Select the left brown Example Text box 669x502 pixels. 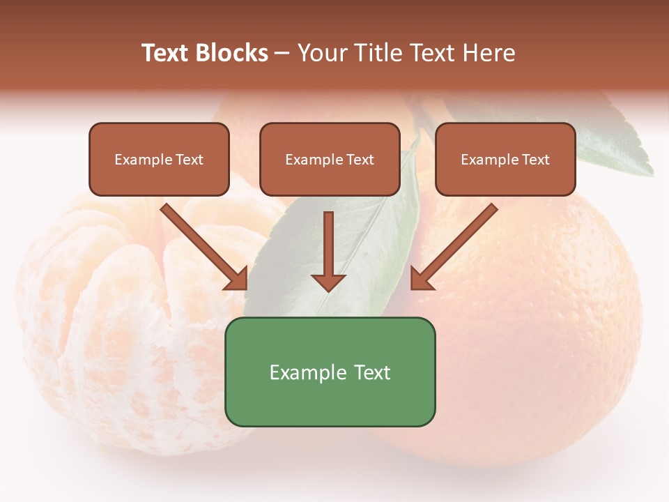coord(159,159)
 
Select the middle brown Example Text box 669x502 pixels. coord(330,159)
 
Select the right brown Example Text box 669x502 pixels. coord(505,159)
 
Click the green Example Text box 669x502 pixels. coord(330,372)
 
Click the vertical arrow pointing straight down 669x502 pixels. coord(328,251)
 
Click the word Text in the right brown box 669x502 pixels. coord(535,159)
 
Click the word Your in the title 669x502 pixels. coord(323,53)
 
